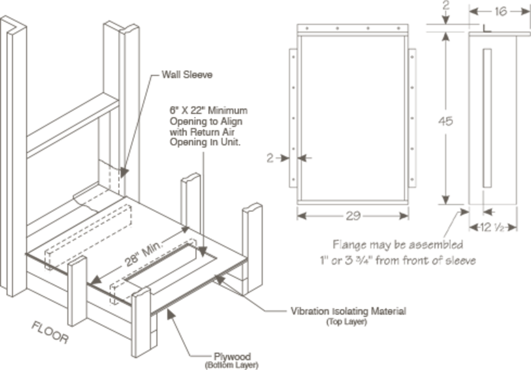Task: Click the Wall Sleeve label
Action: (187, 75)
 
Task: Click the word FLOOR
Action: (50, 332)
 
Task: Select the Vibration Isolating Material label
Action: (348, 310)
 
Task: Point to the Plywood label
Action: (232, 356)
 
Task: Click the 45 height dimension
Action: (447, 120)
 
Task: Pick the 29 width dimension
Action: (353, 216)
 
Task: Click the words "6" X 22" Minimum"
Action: (208, 110)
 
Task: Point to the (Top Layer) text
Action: (346, 322)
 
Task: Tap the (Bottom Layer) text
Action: (231, 365)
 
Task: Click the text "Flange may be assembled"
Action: (398, 244)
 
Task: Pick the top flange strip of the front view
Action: (353, 29)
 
